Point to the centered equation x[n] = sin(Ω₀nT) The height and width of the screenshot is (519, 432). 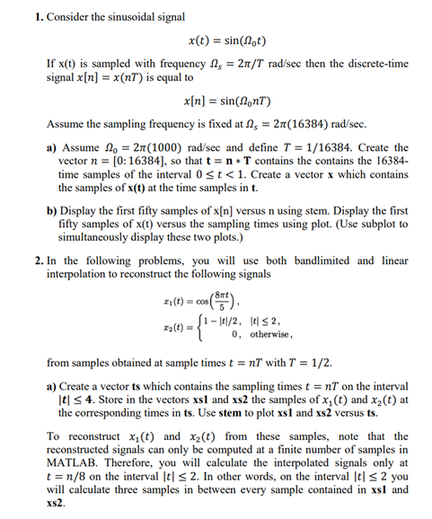click(227, 104)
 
